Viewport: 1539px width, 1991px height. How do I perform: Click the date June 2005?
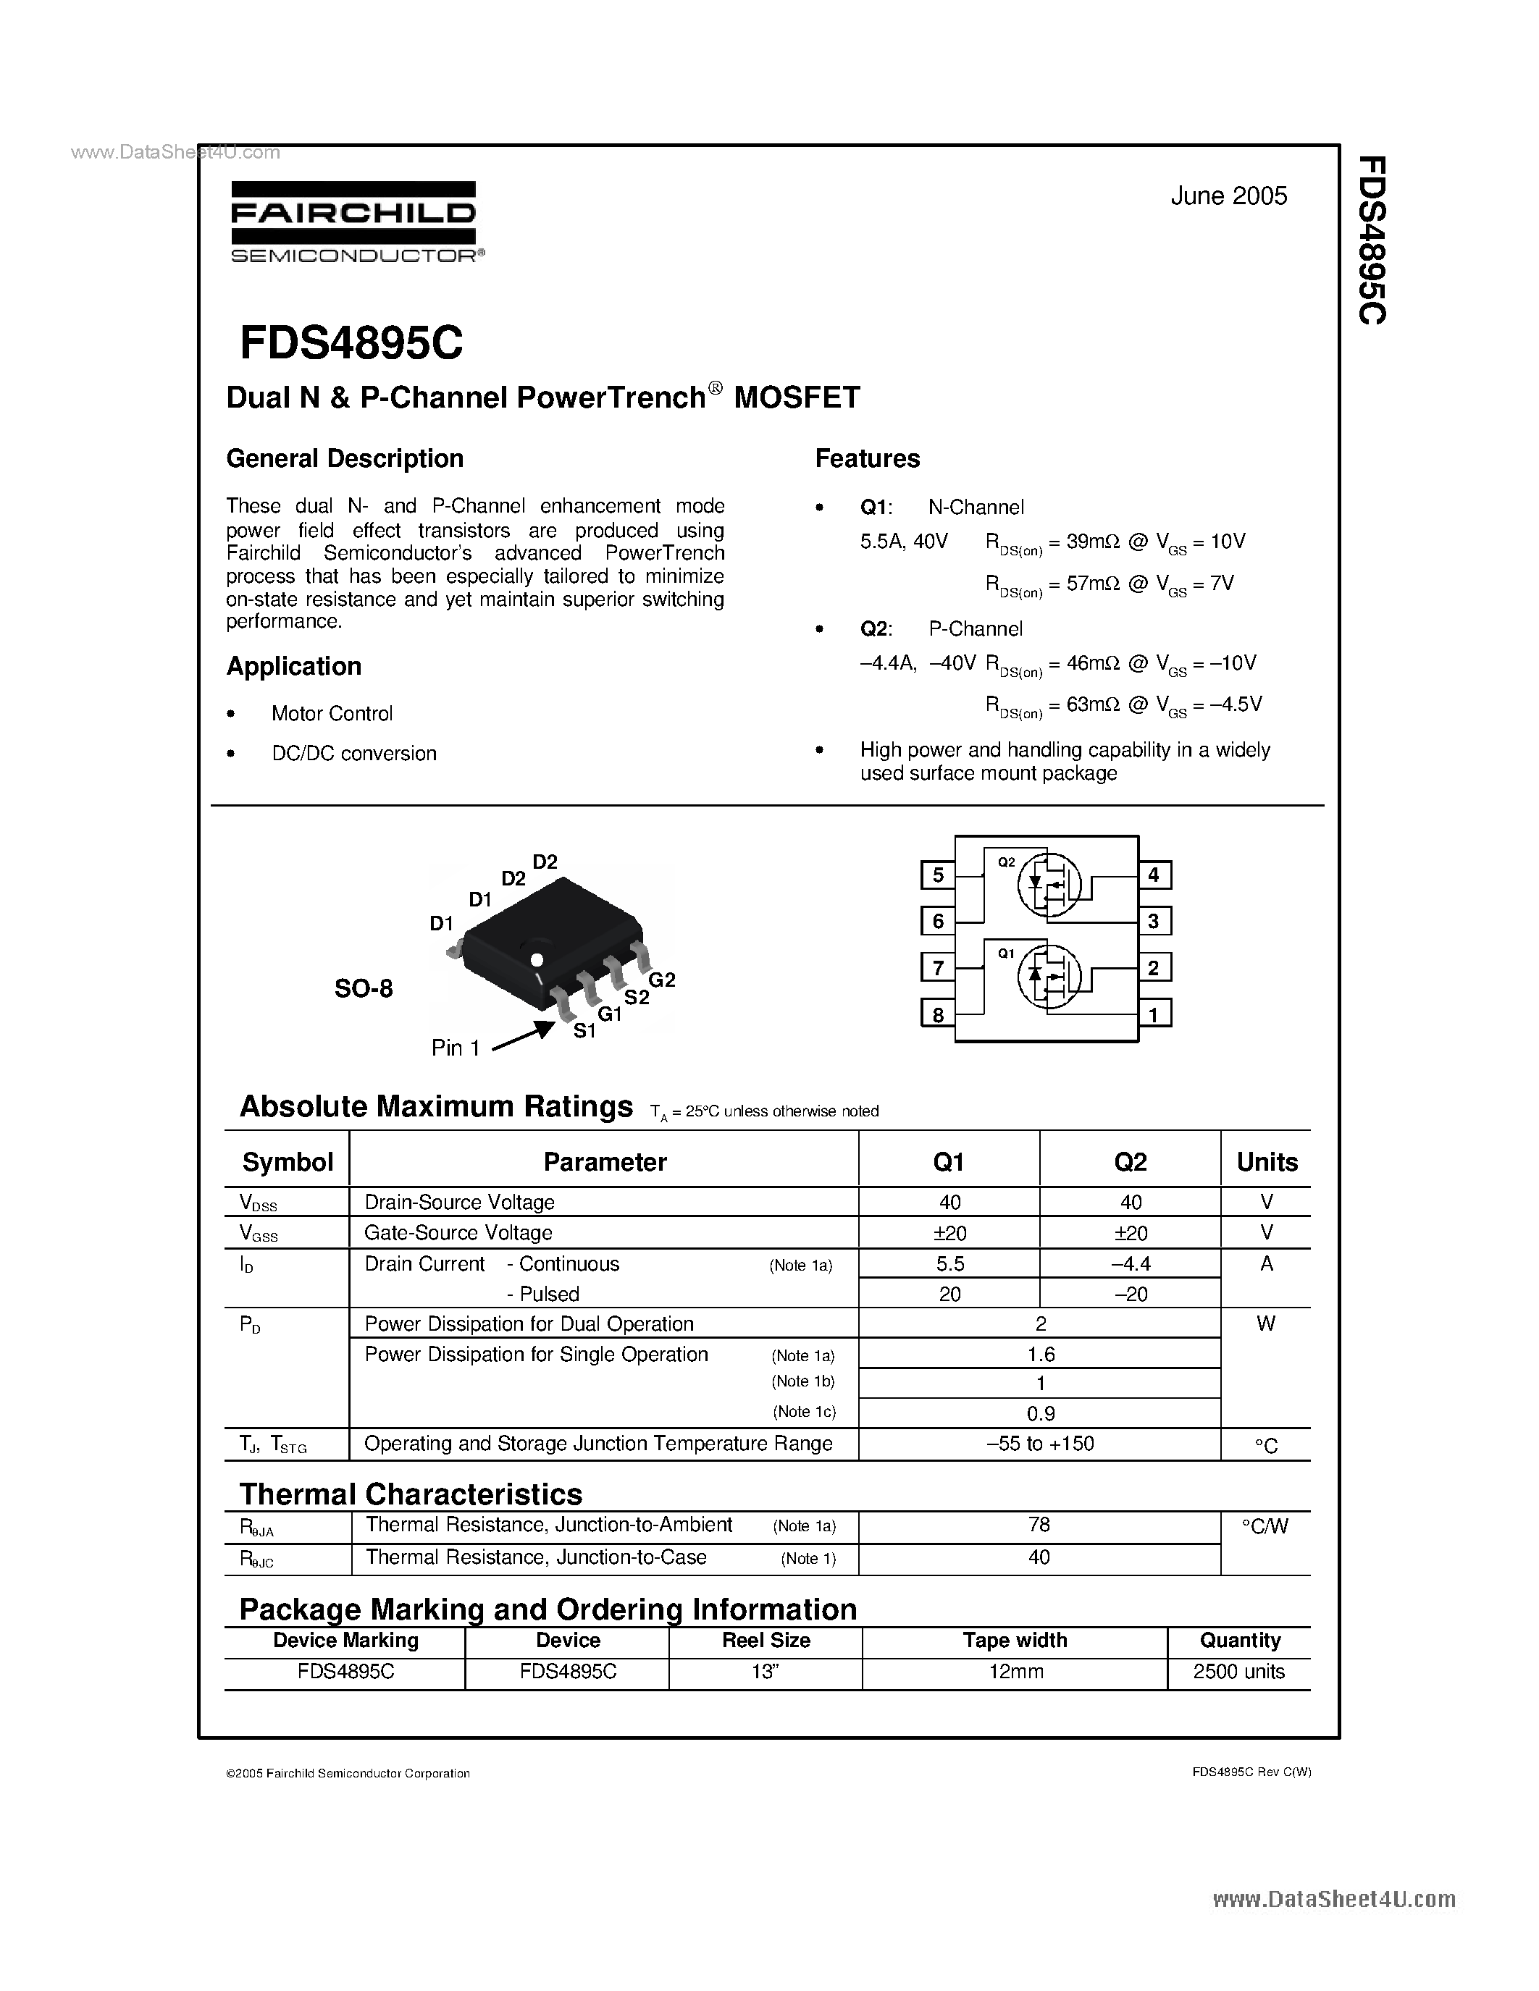(1228, 196)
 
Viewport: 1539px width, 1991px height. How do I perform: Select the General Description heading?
(345, 458)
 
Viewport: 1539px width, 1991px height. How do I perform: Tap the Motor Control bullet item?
(332, 714)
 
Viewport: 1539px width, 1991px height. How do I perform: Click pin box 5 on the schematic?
(937, 876)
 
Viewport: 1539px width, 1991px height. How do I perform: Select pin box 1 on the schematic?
(1153, 1014)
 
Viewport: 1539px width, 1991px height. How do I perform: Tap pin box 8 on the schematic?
(937, 1014)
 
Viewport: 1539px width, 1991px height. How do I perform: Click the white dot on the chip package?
(537, 960)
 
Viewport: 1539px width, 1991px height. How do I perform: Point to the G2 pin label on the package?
(662, 980)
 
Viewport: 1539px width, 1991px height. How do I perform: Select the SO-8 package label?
(364, 989)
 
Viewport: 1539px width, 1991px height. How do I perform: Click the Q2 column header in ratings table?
(1130, 1161)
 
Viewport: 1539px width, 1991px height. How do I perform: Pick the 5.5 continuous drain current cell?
(949, 1263)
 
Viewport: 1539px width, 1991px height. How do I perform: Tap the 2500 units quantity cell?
(1238, 1672)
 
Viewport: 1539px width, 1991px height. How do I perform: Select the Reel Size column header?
(766, 1641)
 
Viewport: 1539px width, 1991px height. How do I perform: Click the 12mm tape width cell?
(1015, 1672)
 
